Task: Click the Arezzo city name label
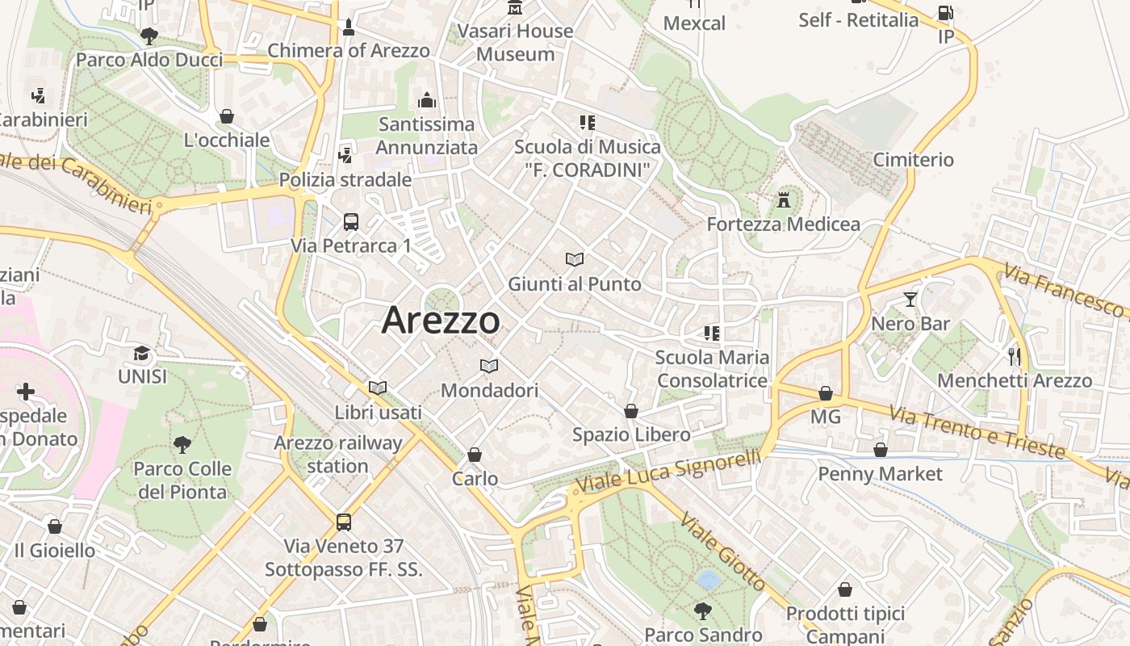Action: coord(441,320)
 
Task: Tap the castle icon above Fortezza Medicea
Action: coord(783,199)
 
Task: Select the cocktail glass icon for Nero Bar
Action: coord(910,300)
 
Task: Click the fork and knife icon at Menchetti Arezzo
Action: coord(1014,356)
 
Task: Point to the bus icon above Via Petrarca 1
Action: coord(350,222)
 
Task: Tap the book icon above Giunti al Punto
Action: coord(575,259)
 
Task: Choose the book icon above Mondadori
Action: coord(489,366)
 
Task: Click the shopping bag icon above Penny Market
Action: coord(880,450)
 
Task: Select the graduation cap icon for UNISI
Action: coord(142,353)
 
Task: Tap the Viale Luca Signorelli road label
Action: coord(668,472)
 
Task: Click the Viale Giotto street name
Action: coord(723,551)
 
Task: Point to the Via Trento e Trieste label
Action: coord(977,432)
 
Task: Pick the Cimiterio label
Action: coord(913,160)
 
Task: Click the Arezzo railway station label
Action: coord(337,454)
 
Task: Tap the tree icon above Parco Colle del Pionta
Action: coord(182,444)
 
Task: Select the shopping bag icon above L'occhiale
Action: coord(227,116)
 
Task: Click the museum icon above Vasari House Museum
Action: coord(515,8)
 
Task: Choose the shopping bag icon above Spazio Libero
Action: coord(631,411)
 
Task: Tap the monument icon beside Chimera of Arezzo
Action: coord(348,27)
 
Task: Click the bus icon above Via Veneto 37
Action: coord(344,522)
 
